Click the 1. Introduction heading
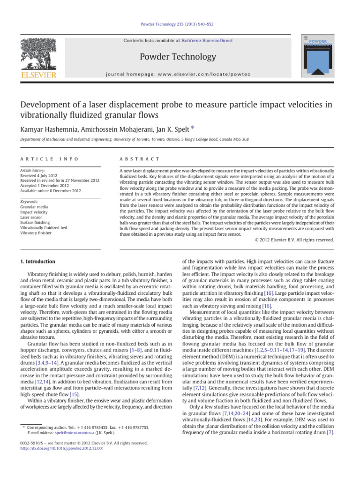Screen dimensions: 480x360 click(x=38, y=261)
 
